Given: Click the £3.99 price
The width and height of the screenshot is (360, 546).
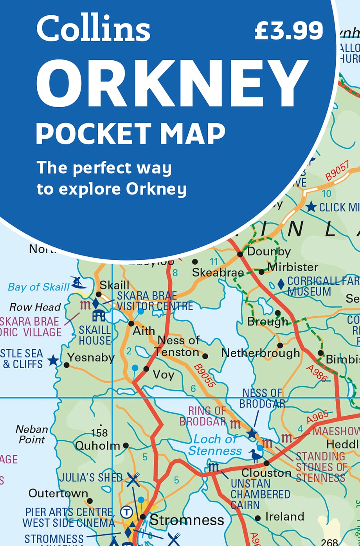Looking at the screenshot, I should point(289,31).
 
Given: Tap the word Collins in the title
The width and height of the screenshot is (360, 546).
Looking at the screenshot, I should point(93,29).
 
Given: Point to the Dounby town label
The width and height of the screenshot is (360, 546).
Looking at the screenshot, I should point(269,251).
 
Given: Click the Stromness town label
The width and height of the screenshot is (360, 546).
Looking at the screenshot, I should point(187,520).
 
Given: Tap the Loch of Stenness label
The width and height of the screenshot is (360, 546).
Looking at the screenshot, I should point(215,445).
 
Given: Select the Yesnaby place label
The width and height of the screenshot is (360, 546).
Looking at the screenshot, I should point(91,357).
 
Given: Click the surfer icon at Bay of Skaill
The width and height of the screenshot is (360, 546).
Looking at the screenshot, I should point(79,282).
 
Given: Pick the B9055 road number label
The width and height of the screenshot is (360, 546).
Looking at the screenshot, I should point(205,376).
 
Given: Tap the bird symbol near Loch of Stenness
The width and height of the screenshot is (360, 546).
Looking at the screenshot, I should point(256,456).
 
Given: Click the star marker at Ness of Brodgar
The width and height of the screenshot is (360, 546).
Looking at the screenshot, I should point(252,434).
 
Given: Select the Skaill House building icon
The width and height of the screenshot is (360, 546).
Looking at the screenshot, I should point(98,315).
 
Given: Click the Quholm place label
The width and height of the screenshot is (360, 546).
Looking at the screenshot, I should point(97,445).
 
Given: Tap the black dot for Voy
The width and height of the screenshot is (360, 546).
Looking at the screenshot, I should point(146,369).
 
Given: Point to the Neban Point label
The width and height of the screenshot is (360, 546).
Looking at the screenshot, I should point(32,434).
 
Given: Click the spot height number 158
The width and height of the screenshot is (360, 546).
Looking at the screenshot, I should point(99,433).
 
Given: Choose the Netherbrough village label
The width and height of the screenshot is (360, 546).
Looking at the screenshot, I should point(261,353).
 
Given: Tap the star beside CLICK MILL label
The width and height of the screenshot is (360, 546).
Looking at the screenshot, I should point(311,207).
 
